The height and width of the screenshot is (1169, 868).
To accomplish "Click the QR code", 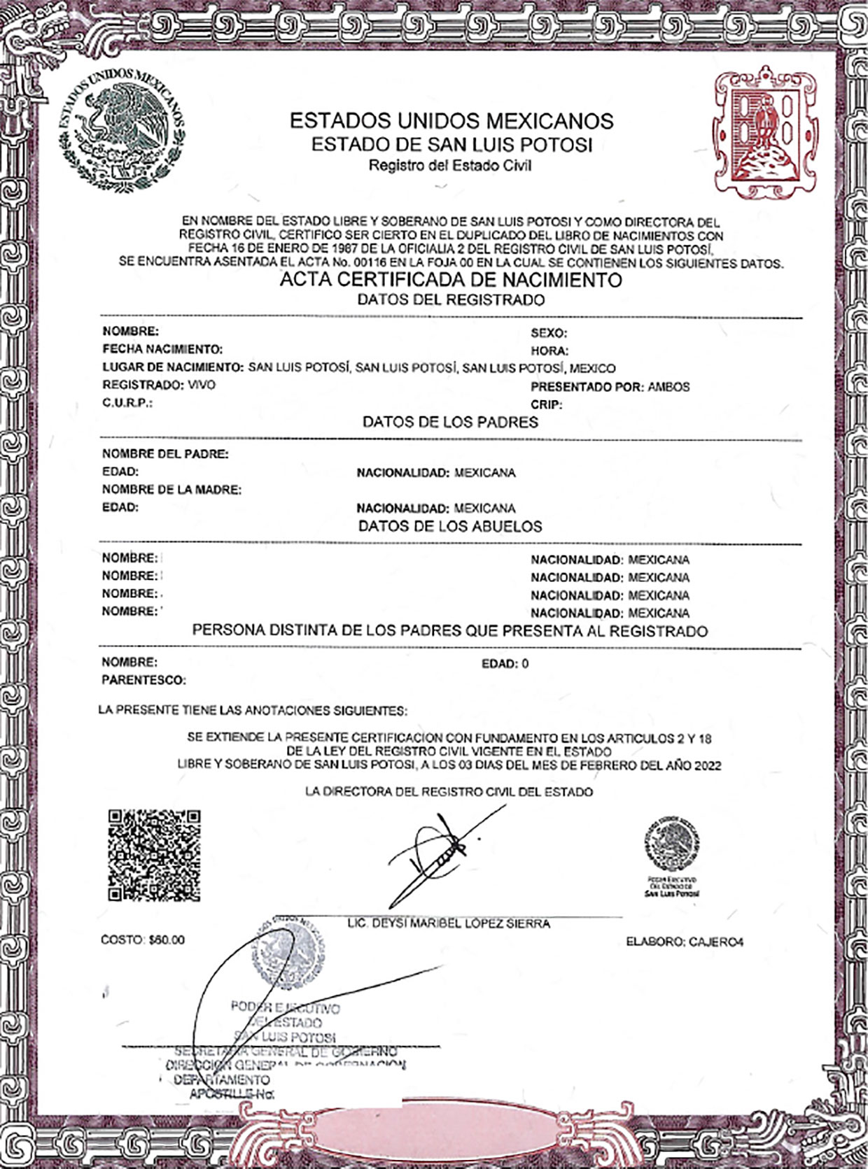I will (x=154, y=855).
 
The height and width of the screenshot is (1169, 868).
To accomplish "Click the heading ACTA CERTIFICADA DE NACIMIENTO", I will (x=451, y=281).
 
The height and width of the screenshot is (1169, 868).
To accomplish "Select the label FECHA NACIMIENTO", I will (x=162, y=348).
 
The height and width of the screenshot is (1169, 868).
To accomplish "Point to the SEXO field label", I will (x=548, y=333).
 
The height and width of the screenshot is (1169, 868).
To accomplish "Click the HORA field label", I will (x=549, y=351).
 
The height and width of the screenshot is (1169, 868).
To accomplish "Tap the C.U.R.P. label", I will (x=127, y=404).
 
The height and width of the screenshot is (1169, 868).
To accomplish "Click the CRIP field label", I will (x=546, y=404).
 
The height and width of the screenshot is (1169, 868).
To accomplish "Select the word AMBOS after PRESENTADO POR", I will (x=668, y=387).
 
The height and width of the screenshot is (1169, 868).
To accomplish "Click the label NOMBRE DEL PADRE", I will (x=165, y=454).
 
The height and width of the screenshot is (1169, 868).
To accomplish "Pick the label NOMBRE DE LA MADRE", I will (x=171, y=490).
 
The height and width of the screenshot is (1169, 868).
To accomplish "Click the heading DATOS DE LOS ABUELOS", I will (x=450, y=526).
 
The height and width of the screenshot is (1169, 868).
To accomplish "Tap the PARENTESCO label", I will (x=143, y=680).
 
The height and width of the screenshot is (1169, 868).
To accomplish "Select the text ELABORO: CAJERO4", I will (x=684, y=942).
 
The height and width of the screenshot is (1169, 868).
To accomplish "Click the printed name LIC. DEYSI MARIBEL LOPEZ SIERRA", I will (x=449, y=923).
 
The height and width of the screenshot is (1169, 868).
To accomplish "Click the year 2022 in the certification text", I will (x=707, y=765).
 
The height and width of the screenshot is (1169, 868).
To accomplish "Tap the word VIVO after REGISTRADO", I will (x=202, y=385).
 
